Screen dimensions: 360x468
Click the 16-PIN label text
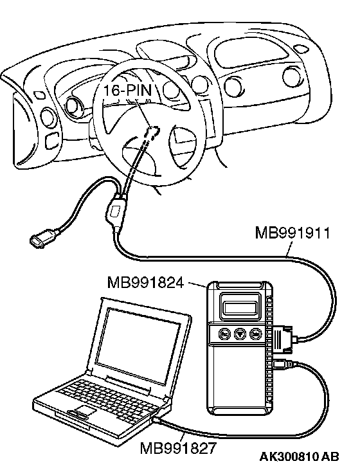pos(128,90)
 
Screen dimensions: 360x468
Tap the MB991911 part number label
pos(292,233)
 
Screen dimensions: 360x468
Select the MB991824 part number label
pos(145,282)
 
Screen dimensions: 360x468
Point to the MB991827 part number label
pos(178,447)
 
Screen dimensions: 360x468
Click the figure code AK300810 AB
pos(299,456)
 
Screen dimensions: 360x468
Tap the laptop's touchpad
pos(85,410)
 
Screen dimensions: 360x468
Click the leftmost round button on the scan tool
pos(224,334)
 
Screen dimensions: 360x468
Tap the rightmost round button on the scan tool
pos(255,334)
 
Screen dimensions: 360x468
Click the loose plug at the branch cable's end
pos(41,238)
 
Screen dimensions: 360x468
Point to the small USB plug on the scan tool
pos(283,364)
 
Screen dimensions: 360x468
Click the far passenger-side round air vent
pos(291,76)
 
